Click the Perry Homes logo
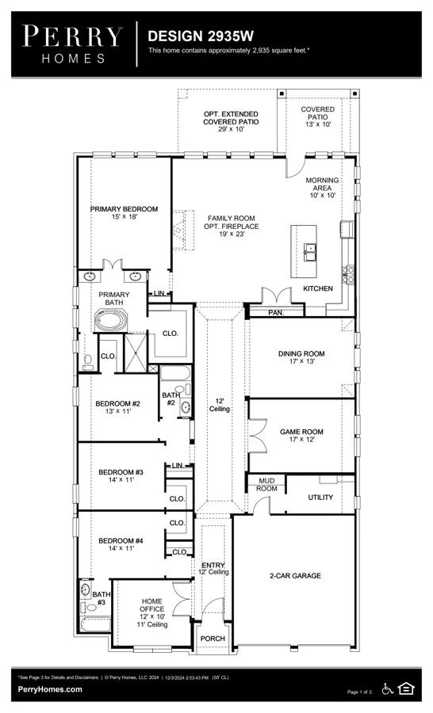pyautogui.click(x=73, y=44)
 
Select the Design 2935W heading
pyautogui.click(x=201, y=36)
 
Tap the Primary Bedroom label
pyautogui.click(x=124, y=213)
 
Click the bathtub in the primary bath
pyautogui.click(x=112, y=321)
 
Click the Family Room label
pyautogui.click(x=232, y=226)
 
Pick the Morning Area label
pyautogui.click(x=322, y=188)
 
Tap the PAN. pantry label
pyautogui.click(x=276, y=313)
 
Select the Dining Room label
pyautogui.click(x=301, y=357)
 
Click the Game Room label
pyautogui.click(x=301, y=435)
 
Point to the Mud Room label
pyautogui.click(x=266, y=485)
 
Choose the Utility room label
pyautogui.click(x=320, y=498)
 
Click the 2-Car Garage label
pyautogui.click(x=295, y=576)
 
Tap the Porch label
pyautogui.click(x=213, y=639)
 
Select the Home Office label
pyautogui.click(x=152, y=613)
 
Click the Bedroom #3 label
pyautogui.click(x=121, y=475)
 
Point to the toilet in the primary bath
pyautogui.click(x=88, y=362)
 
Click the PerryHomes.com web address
pyautogui.click(x=50, y=689)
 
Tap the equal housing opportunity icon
pyautogui.click(x=406, y=688)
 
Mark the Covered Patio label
pyautogui.click(x=318, y=117)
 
